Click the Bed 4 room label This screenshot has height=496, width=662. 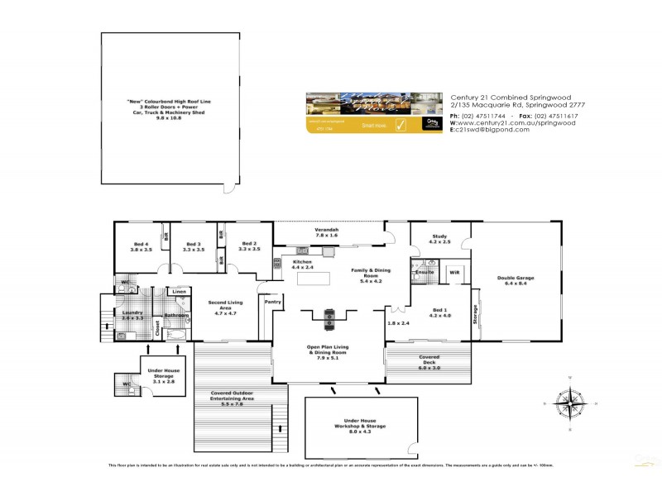(x=142, y=246)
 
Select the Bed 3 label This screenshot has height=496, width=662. (x=194, y=246)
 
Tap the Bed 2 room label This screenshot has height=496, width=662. (x=249, y=246)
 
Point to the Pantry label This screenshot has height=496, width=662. (x=273, y=303)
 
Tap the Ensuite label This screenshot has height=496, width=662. (x=425, y=271)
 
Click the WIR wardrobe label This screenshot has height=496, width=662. (x=454, y=271)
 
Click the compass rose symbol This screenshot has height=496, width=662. (x=570, y=403)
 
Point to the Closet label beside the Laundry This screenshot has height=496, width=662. (x=156, y=327)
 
